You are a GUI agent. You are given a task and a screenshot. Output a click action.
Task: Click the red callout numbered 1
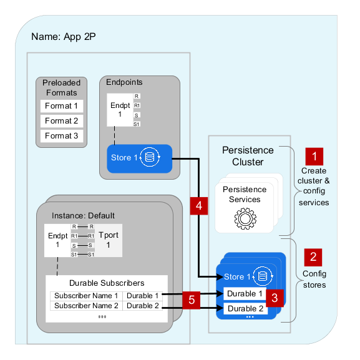coord(314,157)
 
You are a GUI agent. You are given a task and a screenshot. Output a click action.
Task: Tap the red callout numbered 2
coord(313,257)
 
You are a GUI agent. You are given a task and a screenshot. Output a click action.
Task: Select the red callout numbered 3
coord(275,298)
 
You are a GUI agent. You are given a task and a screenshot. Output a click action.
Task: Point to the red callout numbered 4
coord(199,206)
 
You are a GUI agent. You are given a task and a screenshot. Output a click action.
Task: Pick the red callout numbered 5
coord(192,300)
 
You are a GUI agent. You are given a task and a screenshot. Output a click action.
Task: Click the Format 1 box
coord(62,106)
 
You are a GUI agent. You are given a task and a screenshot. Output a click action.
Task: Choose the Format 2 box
coord(62,121)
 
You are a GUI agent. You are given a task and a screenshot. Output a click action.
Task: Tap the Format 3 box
coord(62,135)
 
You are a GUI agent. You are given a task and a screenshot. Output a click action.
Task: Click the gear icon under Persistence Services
coord(245,218)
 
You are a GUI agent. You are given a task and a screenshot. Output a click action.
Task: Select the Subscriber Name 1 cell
coord(86,296)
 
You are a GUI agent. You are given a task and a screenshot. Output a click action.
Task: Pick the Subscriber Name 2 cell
coord(86,306)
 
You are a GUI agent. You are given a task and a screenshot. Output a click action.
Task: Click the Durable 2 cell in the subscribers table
coord(143,306)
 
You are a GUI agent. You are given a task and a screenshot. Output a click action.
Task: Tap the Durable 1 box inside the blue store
coord(245,293)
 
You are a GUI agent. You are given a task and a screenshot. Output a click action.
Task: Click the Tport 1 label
coord(109,240)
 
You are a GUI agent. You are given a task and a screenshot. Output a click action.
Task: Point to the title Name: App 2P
coord(64,37)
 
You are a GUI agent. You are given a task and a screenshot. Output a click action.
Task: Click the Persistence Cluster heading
coord(248,156)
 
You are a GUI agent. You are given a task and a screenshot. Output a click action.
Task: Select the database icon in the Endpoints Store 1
coord(150,157)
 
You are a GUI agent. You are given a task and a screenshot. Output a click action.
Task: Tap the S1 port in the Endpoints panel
coord(137,124)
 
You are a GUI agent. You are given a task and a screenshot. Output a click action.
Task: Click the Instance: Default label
coord(83,216)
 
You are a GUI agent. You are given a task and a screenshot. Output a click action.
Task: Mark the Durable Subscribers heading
coord(107,283)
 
